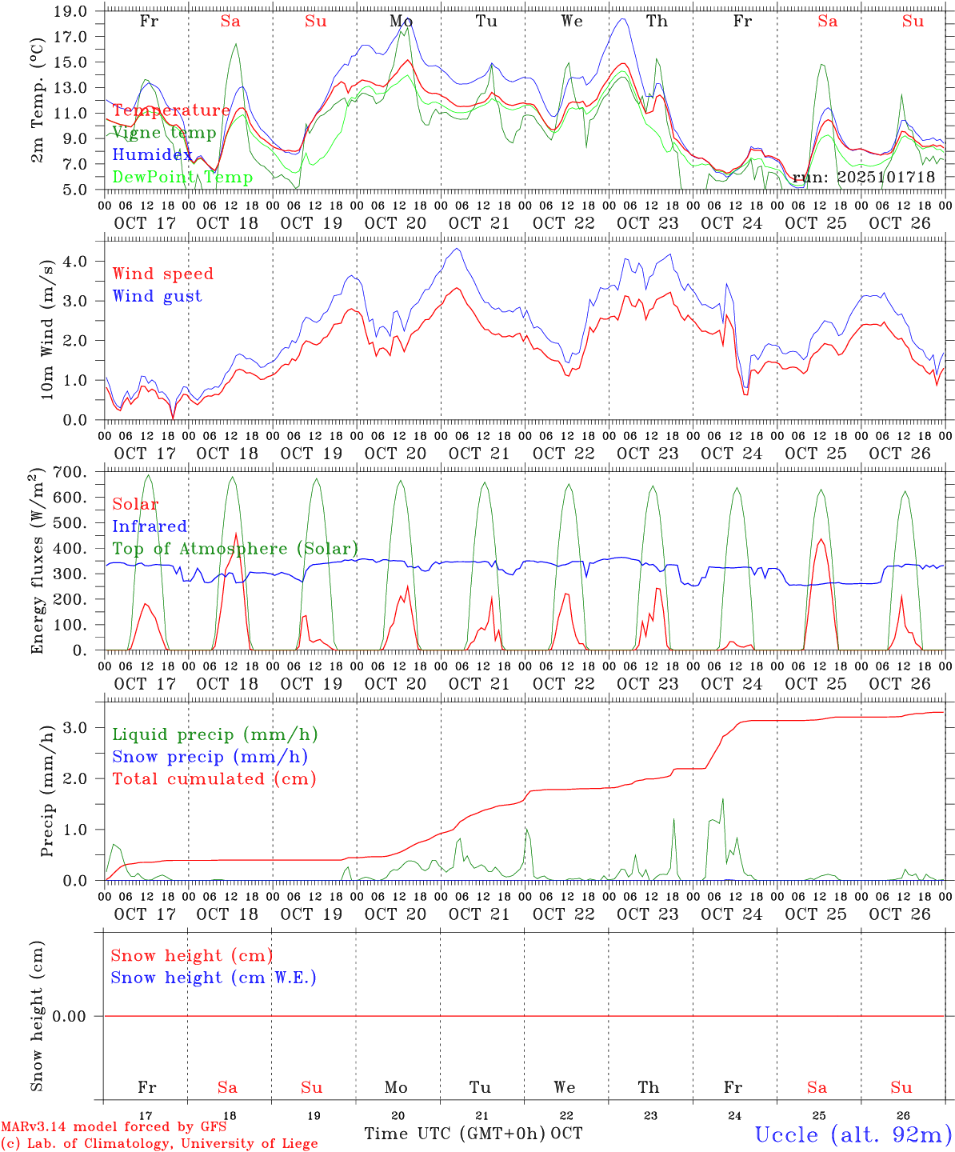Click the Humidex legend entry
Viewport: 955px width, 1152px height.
(x=152, y=155)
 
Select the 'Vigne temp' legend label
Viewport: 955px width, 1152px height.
(x=164, y=133)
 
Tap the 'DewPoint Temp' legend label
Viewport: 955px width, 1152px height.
(x=182, y=178)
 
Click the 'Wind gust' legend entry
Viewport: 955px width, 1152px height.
(x=157, y=296)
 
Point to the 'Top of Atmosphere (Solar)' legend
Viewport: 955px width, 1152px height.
(x=235, y=549)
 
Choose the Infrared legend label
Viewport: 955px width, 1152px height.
(x=150, y=526)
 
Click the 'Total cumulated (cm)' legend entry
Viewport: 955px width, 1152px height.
(x=214, y=779)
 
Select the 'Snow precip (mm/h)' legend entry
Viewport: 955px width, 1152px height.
(x=210, y=757)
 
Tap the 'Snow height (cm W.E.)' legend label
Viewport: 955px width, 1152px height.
(x=214, y=978)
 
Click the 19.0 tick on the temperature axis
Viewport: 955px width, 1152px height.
(x=71, y=11)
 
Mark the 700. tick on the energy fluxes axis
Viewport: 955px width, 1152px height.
(x=69, y=472)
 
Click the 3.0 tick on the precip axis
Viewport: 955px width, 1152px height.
(x=74, y=727)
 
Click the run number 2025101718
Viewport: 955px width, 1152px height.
(x=885, y=177)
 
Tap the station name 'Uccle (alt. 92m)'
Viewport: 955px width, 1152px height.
(x=853, y=1134)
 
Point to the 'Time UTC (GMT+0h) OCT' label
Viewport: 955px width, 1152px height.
(x=473, y=1134)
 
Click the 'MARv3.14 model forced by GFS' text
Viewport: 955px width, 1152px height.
(x=114, y=1127)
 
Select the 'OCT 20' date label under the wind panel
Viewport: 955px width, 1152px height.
(x=395, y=454)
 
